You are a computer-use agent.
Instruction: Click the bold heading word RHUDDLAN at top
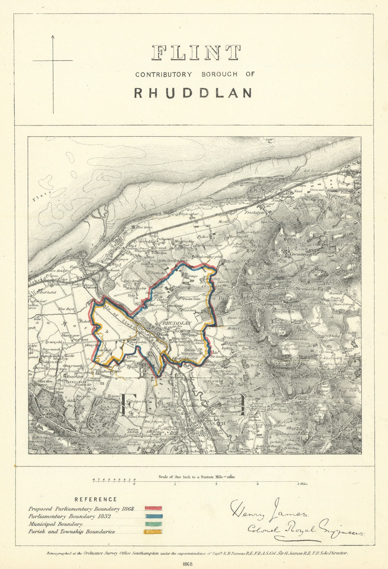click(193, 92)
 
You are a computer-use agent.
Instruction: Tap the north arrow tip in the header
click(53, 36)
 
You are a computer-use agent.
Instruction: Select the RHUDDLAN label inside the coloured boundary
click(177, 323)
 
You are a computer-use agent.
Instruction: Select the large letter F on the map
click(126, 404)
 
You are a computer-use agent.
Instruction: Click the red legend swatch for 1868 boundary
click(153, 509)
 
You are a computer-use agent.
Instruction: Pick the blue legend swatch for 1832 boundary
click(153, 516)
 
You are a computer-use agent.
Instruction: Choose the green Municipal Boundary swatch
click(153, 524)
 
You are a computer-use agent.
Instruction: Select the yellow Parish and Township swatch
click(153, 532)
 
